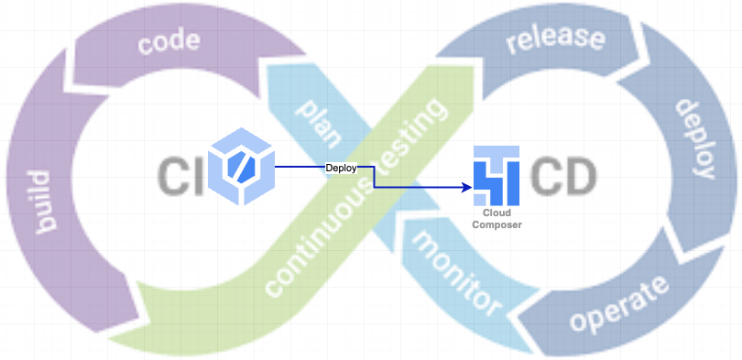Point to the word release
(x=555, y=39)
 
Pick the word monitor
(x=457, y=271)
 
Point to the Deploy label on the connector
(x=341, y=168)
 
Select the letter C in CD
(x=546, y=174)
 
